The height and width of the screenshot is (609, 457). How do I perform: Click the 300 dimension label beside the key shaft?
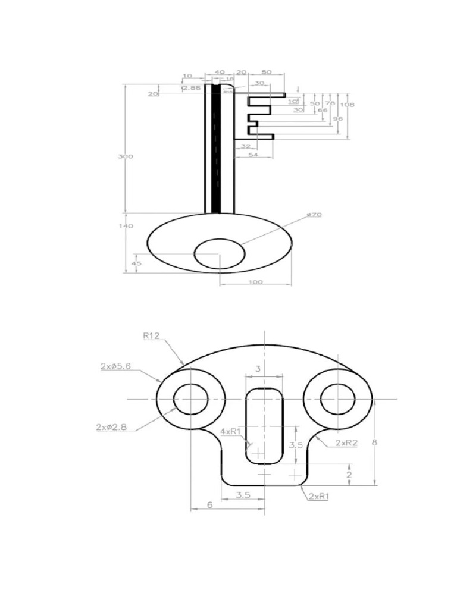point(126,156)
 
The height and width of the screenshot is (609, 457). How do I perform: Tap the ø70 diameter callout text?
point(314,214)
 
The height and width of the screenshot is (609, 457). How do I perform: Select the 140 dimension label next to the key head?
point(126,226)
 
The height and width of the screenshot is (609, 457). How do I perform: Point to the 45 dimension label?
point(136,263)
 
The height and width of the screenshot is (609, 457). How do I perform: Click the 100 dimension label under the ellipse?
point(255,282)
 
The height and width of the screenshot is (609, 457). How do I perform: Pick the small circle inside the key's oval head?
point(220,253)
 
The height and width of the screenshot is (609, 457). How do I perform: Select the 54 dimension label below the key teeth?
point(253,154)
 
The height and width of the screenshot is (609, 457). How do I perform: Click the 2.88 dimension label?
point(190,87)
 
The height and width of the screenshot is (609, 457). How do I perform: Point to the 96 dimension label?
point(338,118)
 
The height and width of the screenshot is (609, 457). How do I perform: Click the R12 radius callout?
point(152,335)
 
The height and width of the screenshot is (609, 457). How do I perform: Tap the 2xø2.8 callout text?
point(111,426)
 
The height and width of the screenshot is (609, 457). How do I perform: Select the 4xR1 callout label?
point(230,431)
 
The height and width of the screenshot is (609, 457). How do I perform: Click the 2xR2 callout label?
point(346,443)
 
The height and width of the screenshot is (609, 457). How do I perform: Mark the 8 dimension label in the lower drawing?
point(374,442)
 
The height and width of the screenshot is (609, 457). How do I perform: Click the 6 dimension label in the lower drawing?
point(209,504)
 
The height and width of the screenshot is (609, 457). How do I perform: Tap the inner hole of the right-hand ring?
point(337,398)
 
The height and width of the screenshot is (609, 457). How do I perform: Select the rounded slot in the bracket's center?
point(264,425)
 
